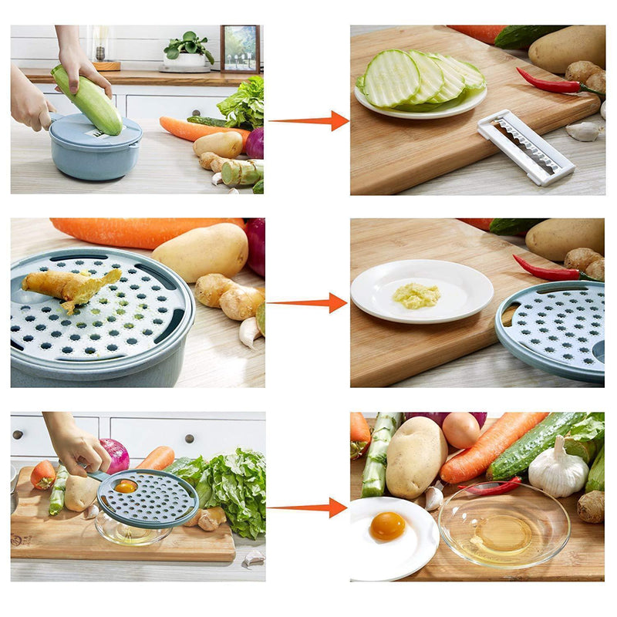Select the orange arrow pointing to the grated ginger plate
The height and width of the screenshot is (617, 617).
point(308,303)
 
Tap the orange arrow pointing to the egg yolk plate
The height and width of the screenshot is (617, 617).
point(308,507)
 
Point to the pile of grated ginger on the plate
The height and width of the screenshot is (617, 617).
point(416,295)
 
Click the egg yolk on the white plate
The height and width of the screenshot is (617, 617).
point(387,526)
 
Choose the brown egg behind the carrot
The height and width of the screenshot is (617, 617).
point(461,430)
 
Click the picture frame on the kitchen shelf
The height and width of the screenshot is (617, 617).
point(240,48)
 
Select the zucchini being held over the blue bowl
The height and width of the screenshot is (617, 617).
point(86,99)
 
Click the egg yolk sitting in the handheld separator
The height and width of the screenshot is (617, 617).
point(126,486)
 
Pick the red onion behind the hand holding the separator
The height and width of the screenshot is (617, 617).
point(116,454)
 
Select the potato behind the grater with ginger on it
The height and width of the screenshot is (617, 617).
point(201,251)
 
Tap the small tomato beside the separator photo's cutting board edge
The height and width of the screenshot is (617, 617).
point(42,474)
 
